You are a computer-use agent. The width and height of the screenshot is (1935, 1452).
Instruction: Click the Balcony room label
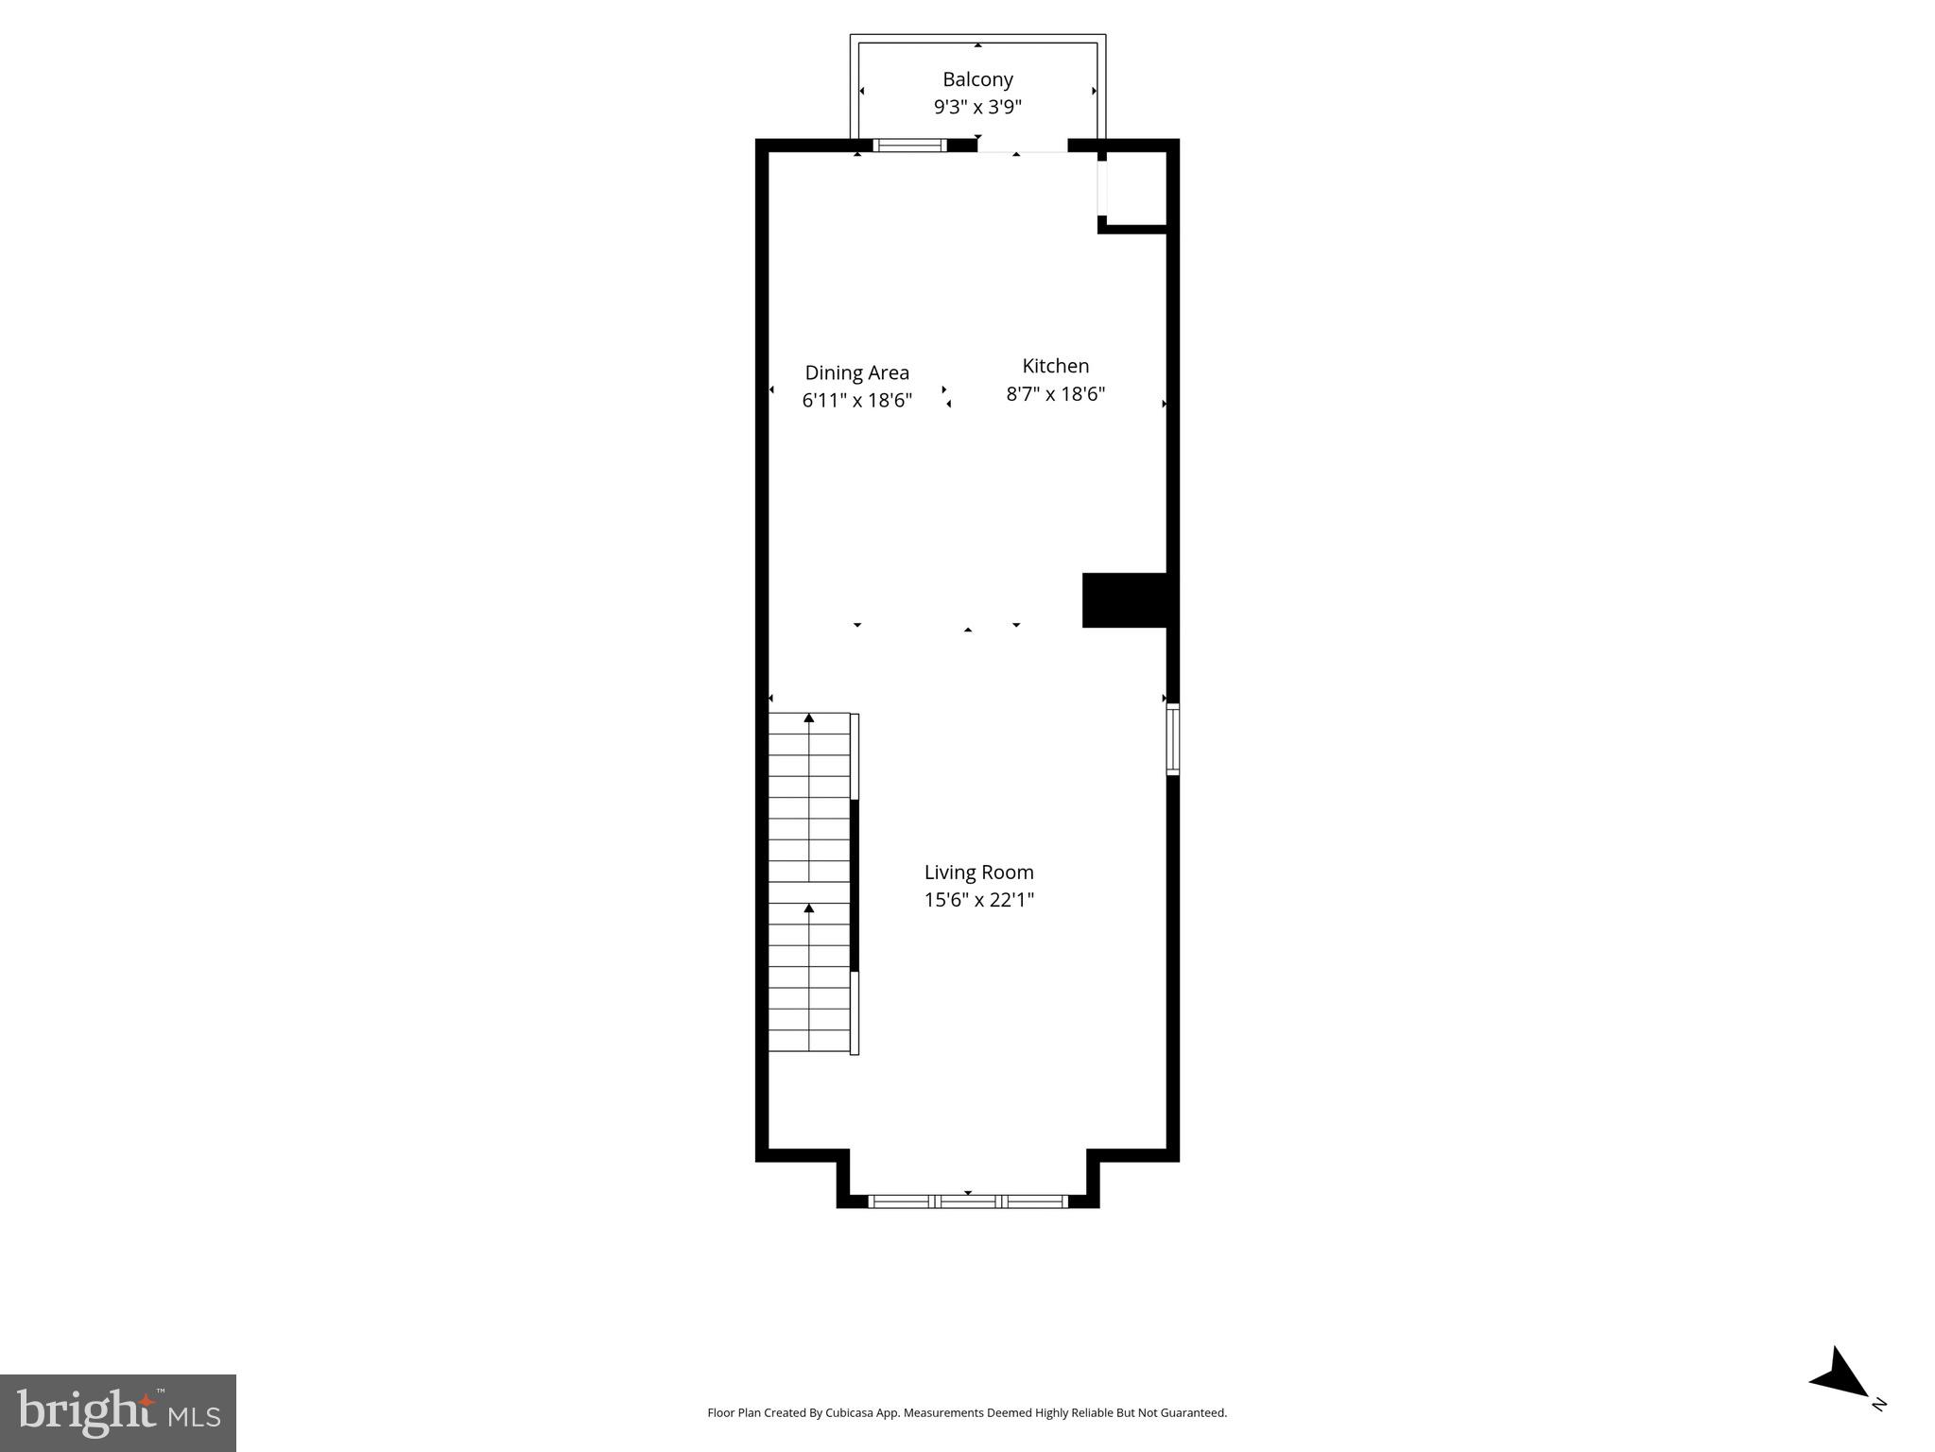click(977, 79)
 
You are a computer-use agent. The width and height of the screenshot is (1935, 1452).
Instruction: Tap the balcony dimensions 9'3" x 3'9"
click(977, 107)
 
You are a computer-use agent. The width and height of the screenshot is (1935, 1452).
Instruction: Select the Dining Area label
click(856, 372)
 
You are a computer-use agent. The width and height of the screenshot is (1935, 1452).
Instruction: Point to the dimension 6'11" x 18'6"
click(856, 400)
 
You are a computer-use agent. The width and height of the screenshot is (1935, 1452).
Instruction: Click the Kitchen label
click(1055, 366)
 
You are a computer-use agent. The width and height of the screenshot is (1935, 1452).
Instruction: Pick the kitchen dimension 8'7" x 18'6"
click(1055, 393)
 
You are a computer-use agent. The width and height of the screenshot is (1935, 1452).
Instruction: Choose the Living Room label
click(978, 872)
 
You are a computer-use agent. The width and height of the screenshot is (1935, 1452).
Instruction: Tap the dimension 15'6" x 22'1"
click(978, 899)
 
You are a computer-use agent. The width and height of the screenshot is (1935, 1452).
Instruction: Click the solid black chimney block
click(1125, 599)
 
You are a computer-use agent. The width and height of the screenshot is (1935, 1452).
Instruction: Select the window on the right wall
click(1172, 738)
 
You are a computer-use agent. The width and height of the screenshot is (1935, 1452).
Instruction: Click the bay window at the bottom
click(967, 1201)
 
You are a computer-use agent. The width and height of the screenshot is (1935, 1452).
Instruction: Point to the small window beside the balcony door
click(908, 146)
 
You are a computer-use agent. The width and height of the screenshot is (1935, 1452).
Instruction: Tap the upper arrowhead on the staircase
click(809, 718)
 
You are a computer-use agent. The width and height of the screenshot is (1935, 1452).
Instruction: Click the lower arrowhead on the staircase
click(809, 908)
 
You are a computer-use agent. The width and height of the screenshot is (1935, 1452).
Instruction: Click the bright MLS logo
click(118, 1412)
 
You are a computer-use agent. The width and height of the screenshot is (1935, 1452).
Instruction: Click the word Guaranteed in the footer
click(1195, 1413)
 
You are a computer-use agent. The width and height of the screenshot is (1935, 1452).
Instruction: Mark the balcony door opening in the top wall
click(1022, 147)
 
